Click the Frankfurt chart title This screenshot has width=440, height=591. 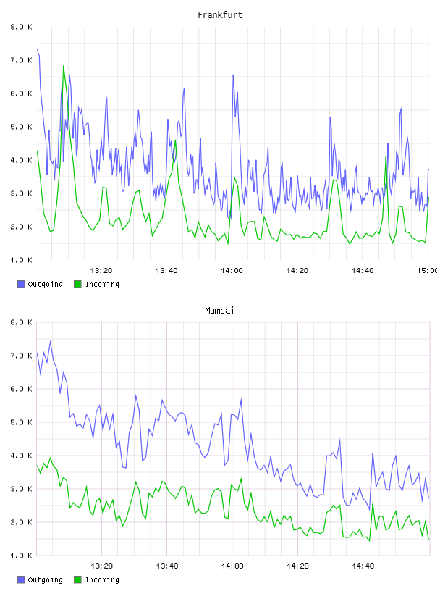point(220,14)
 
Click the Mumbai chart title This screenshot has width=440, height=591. point(219,310)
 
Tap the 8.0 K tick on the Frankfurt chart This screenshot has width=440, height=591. point(21,27)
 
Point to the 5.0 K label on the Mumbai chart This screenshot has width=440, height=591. point(21,422)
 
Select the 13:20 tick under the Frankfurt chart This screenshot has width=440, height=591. point(101,270)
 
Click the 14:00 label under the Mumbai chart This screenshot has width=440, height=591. point(232,566)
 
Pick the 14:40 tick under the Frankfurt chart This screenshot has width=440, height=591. point(363,270)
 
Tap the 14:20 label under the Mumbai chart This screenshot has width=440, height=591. point(297,566)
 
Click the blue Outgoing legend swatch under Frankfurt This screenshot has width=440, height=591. point(21,284)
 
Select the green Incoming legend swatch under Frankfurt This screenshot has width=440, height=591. point(77,284)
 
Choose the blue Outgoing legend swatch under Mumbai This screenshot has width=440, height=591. point(21,579)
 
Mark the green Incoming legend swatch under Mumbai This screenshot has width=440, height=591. point(77,579)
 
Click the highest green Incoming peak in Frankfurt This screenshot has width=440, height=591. point(63,66)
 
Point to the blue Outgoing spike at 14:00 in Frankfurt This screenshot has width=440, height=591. point(233,75)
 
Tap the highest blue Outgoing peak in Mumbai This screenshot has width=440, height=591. point(50,341)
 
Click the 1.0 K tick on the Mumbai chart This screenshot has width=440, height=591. point(21,556)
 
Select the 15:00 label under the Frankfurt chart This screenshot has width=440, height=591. point(427,270)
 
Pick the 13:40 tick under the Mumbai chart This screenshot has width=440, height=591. point(167,566)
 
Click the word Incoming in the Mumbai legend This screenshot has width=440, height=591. point(102,579)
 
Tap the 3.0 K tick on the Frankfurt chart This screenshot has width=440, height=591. point(21,193)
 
